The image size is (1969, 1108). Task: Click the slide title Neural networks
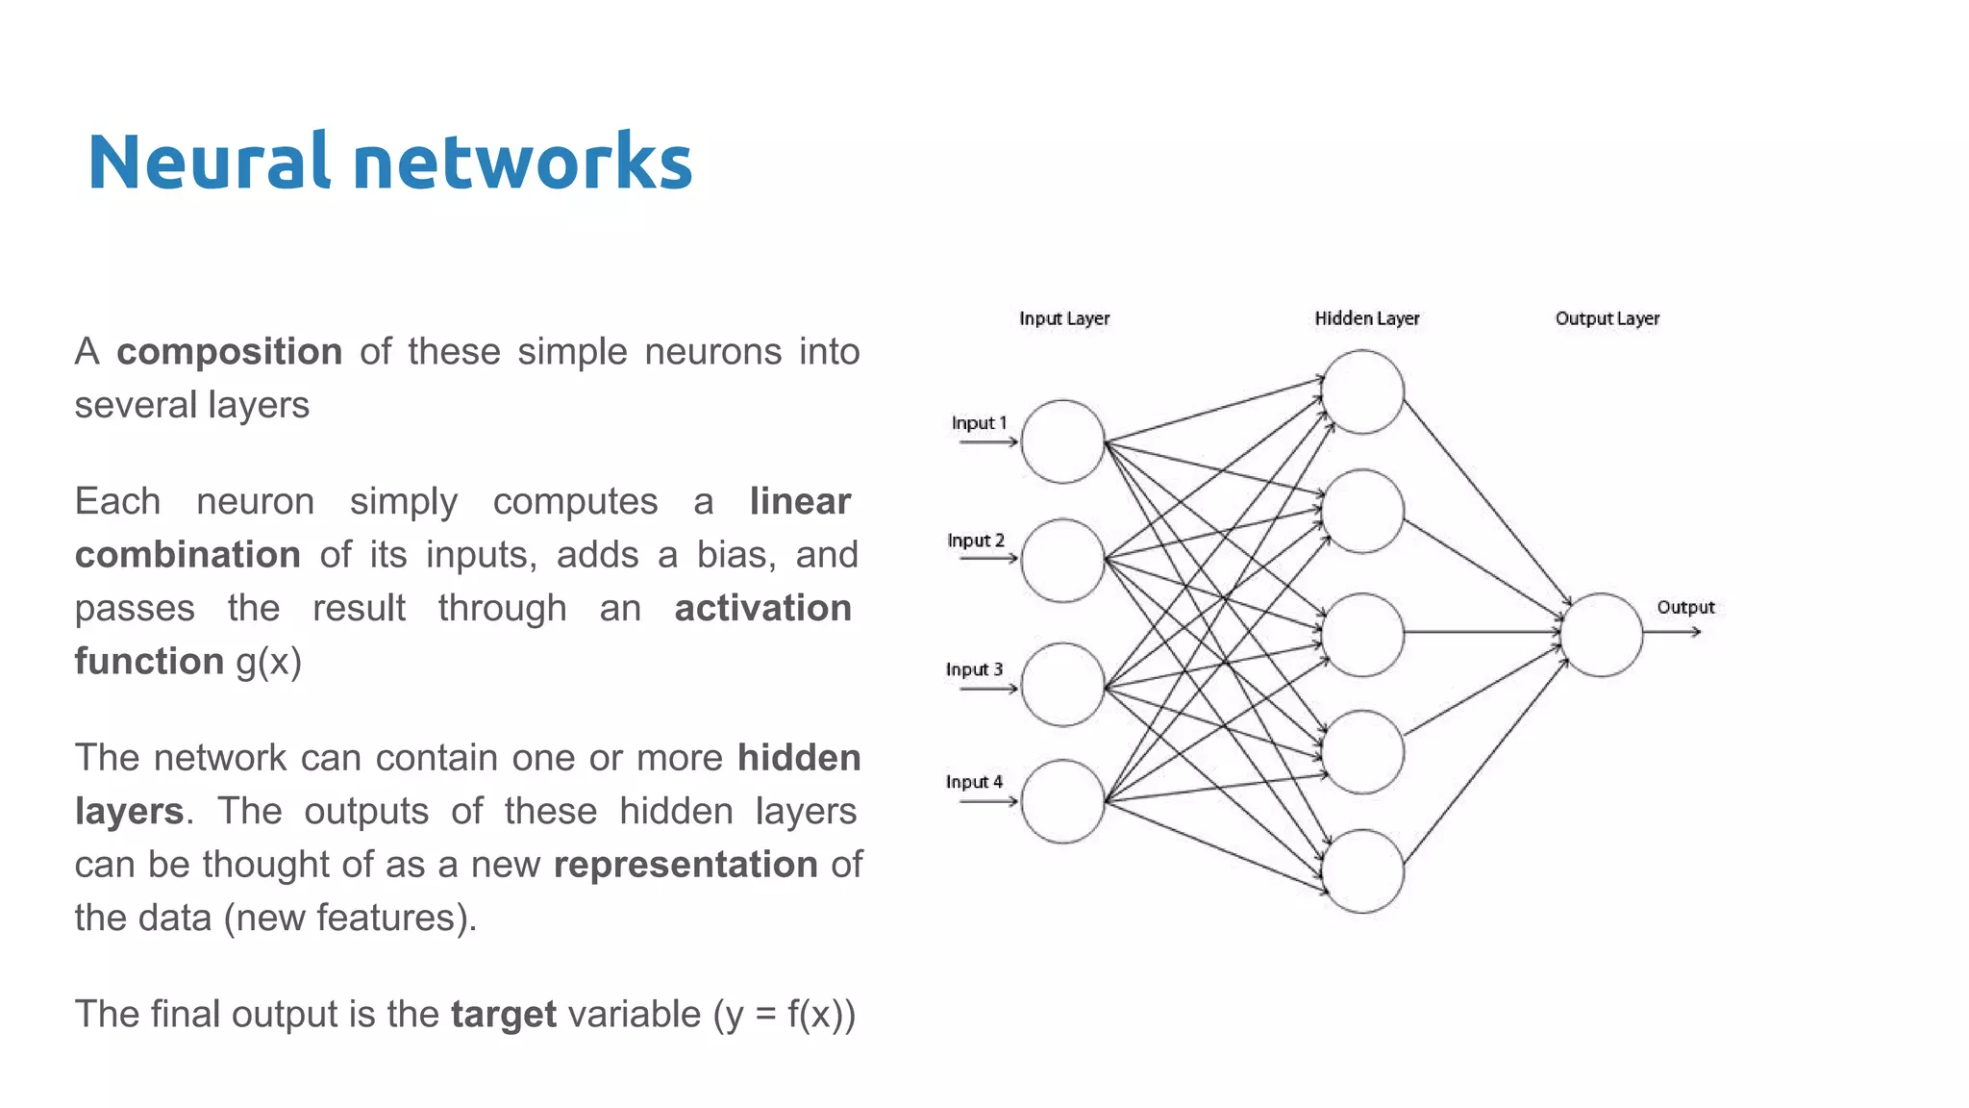(x=389, y=162)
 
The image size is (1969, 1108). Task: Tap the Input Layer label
(x=1064, y=318)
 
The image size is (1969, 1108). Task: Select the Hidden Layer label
(x=1366, y=318)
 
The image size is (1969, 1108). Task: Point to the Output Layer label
(x=1607, y=318)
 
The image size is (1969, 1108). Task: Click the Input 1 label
(x=979, y=423)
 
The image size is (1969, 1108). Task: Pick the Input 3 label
(x=974, y=669)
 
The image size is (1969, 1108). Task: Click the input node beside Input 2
(x=1062, y=561)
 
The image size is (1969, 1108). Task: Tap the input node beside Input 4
(x=1062, y=802)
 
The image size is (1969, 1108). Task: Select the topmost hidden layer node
(x=1362, y=391)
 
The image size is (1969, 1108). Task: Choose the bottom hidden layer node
(x=1362, y=871)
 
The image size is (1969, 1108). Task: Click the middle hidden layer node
(x=1362, y=635)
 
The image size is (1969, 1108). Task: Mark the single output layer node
(x=1602, y=635)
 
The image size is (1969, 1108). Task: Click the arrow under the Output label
(x=1673, y=632)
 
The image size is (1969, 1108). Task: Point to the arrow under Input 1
(x=988, y=442)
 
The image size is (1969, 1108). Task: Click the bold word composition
(x=229, y=352)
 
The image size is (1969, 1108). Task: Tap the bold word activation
(x=762, y=608)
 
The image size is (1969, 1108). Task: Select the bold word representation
(x=685, y=865)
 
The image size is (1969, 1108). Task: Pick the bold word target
(x=503, y=1015)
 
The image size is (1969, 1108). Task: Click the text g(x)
(x=269, y=662)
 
